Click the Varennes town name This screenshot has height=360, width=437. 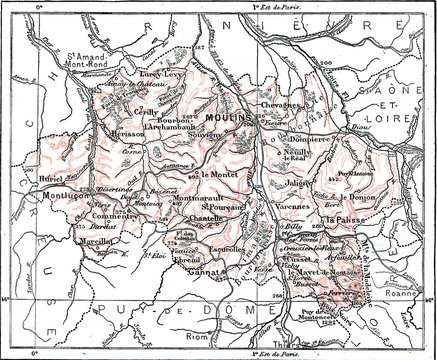pos(291,208)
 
